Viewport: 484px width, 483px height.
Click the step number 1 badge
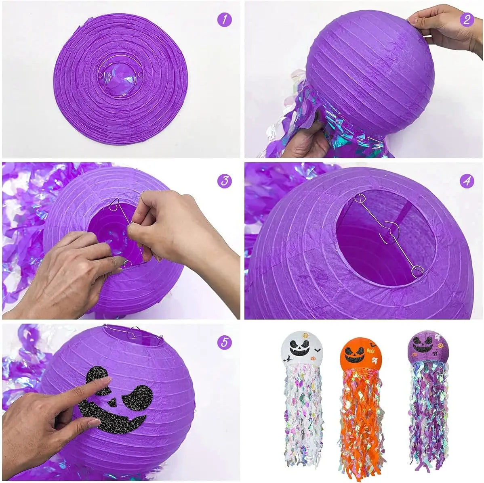(x=225, y=19)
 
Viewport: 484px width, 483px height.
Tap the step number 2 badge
(x=467, y=19)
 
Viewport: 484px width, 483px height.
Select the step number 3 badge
(x=225, y=181)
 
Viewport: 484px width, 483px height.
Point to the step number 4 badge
(x=467, y=181)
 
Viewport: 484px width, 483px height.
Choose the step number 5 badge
(x=225, y=343)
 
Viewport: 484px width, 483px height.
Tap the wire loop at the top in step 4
(x=359, y=198)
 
